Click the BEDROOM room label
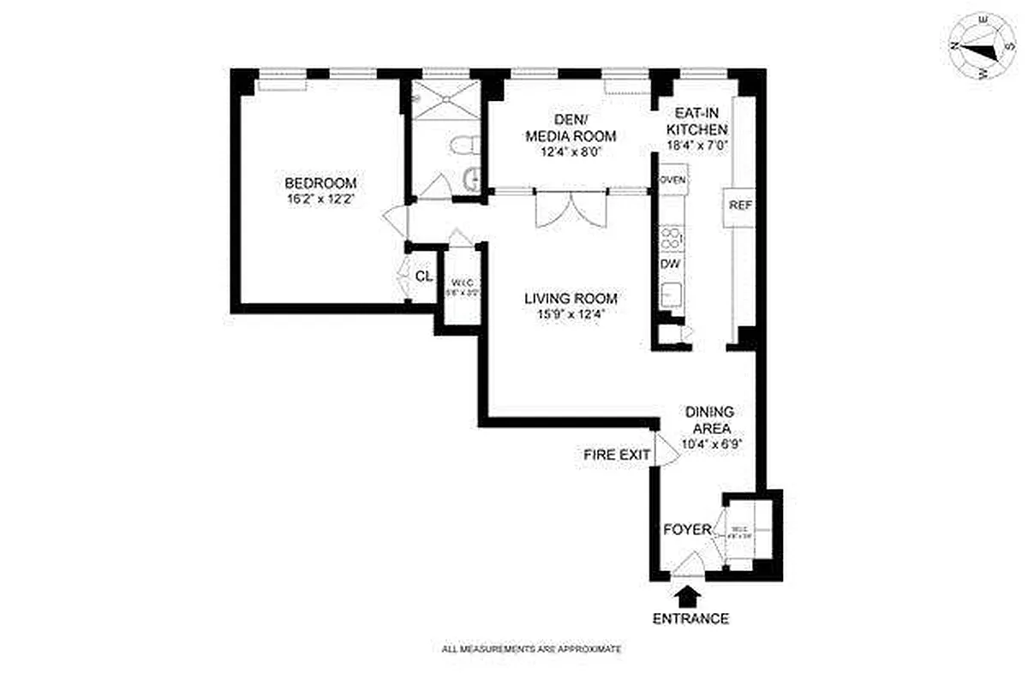pos(320,183)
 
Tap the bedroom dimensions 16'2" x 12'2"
pos(320,199)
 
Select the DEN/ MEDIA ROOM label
pos(571,127)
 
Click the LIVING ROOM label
pos(571,299)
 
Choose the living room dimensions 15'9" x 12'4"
pos(571,314)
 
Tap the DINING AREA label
pos(708,420)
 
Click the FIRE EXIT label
pos(617,455)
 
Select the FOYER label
pos(687,530)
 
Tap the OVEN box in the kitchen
pos(672,180)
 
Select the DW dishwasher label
pos(670,264)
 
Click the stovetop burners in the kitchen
pos(672,237)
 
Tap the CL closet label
pos(423,277)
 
